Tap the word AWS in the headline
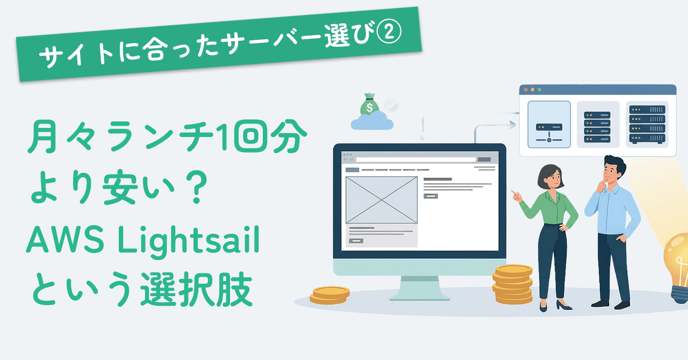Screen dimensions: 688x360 [65, 239]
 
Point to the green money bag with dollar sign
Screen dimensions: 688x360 [369, 104]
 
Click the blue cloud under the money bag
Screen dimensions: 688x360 [372, 121]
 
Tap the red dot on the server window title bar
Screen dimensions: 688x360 [526, 90]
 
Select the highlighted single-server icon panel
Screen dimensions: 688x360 [549, 125]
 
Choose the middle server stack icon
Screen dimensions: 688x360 [598, 127]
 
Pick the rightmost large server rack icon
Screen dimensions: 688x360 [647, 124]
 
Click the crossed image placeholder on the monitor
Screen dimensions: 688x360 [382, 200]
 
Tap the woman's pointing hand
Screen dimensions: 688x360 [517, 196]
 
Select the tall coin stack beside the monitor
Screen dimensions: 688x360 [513, 284]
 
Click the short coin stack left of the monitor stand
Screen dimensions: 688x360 [329, 295]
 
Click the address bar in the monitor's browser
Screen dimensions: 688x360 [415, 160]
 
